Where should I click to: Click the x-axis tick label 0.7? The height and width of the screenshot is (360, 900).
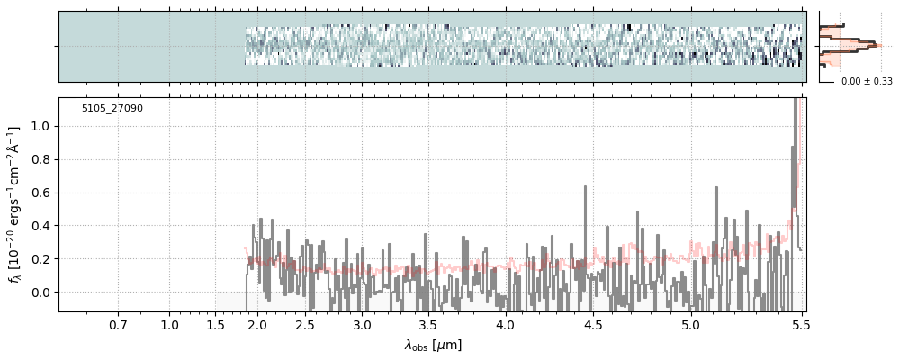(118, 325)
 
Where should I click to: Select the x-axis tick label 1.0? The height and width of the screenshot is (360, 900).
(169, 325)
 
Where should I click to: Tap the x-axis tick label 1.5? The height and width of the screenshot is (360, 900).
(216, 325)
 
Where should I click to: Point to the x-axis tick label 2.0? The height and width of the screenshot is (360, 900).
(257, 325)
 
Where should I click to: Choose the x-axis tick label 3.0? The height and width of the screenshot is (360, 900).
(362, 325)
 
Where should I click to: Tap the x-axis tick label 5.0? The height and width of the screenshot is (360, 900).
(690, 325)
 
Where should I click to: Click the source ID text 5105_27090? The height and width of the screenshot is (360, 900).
(112, 109)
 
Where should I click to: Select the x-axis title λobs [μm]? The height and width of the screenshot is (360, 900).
(433, 345)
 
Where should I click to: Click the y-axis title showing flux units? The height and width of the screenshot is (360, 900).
(15, 204)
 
